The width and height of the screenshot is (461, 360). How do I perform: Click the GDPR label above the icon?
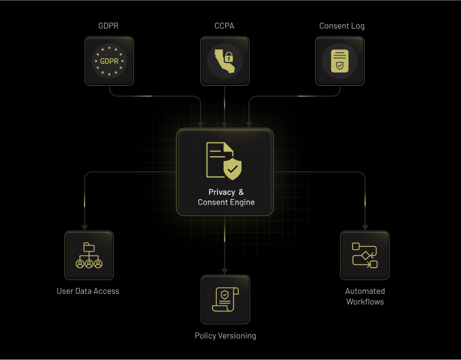point(109,26)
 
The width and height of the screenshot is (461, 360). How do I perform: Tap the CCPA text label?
point(225,26)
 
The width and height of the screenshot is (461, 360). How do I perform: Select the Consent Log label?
point(342,26)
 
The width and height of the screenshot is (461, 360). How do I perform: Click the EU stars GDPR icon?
point(109,61)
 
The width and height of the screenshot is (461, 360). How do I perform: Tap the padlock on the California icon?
point(229,60)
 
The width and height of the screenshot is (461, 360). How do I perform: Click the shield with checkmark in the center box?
point(232,169)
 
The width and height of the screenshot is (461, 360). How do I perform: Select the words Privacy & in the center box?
point(226,192)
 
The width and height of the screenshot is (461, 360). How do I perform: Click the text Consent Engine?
point(226,203)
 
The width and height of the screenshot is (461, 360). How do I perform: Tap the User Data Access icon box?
point(89,256)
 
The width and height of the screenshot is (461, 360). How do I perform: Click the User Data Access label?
point(88,291)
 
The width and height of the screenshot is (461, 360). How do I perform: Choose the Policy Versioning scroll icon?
point(225,299)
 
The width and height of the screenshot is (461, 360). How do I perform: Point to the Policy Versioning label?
point(225,336)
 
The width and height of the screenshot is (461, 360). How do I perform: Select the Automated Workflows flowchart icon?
point(365,256)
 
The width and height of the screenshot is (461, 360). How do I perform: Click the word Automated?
point(365,291)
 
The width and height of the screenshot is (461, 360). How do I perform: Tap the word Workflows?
point(365,302)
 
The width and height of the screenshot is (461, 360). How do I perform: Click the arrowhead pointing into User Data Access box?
point(85,227)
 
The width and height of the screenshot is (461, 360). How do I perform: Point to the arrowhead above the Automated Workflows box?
point(365,227)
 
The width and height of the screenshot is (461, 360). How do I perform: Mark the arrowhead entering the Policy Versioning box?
point(225,271)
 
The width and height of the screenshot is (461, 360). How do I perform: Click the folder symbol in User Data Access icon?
point(89,247)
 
